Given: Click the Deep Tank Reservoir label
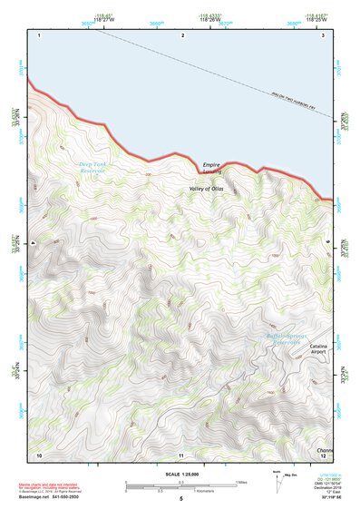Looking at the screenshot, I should [x=92, y=167].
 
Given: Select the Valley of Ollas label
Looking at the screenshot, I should [x=205, y=188].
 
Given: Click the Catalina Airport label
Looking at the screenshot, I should [x=317, y=352].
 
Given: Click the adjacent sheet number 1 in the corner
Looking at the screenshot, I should [x=40, y=34].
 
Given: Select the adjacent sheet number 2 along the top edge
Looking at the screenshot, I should [x=182, y=34].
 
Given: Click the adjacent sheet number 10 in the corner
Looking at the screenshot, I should [x=39, y=454].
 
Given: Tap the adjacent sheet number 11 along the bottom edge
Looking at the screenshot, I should [x=181, y=454].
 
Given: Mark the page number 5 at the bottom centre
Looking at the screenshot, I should [x=181, y=499].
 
